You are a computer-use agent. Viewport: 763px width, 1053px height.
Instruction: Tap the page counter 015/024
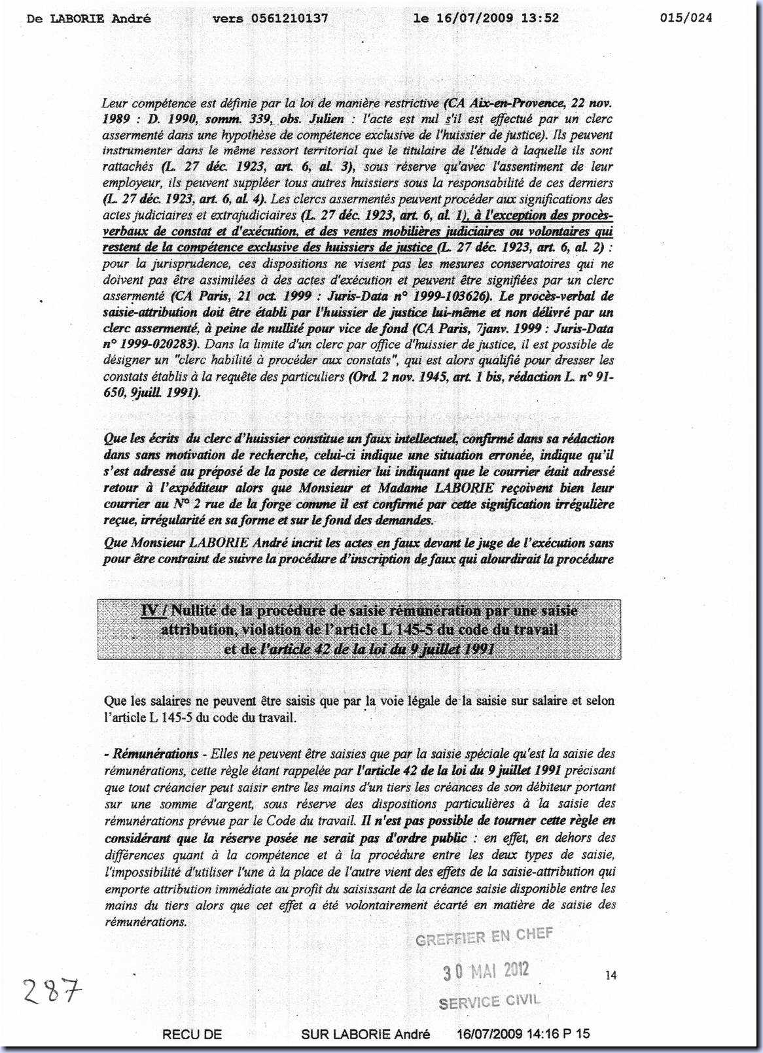[x=686, y=18]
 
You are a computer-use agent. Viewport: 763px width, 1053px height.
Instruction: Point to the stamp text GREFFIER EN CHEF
[x=484, y=937]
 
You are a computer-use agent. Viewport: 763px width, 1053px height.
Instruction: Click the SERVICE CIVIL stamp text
[x=489, y=1001]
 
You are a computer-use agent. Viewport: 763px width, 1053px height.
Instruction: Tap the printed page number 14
[x=611, y=975]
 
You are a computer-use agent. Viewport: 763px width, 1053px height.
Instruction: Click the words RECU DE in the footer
[x=192, y=1034]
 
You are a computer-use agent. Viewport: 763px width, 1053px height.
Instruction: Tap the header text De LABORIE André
[x=89, y=18]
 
